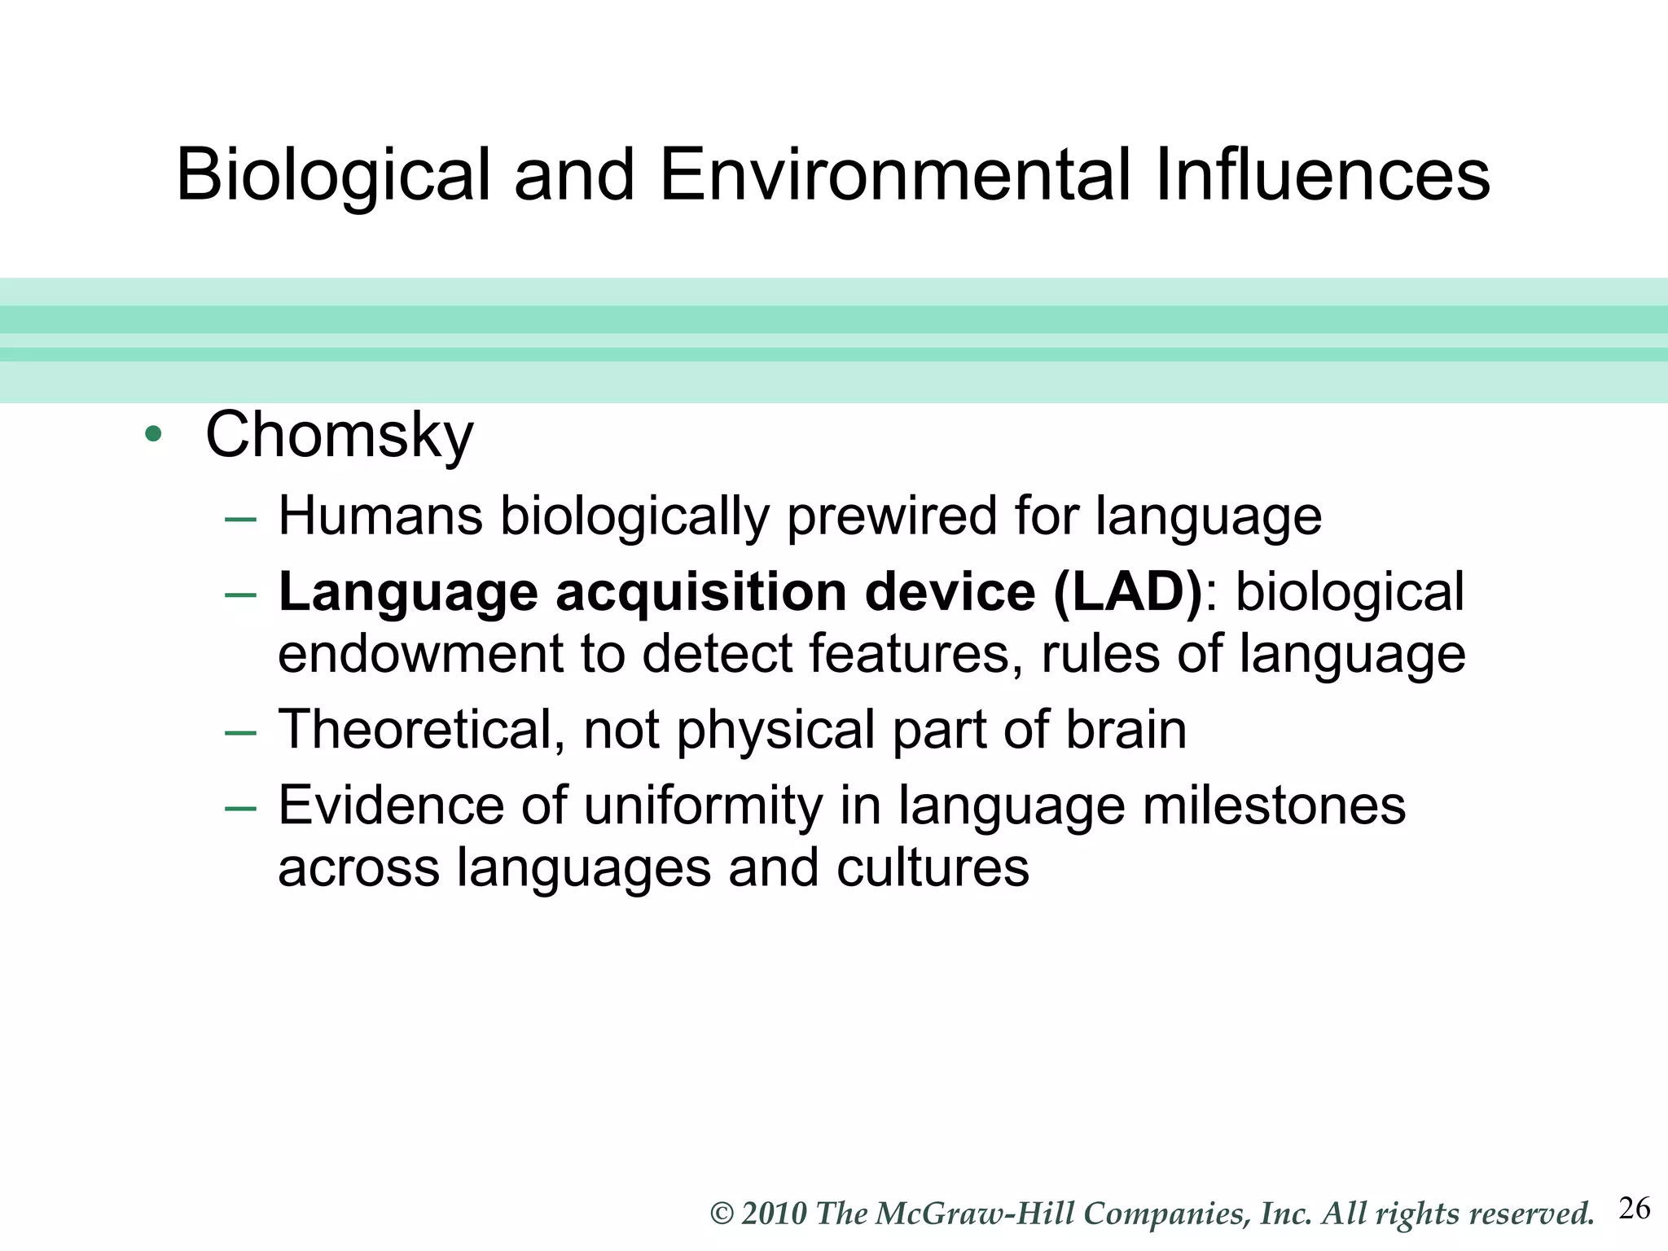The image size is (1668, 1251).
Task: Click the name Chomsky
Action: [339, 437]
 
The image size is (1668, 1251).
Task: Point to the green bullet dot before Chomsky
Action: [152, 434]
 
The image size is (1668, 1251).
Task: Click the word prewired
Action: [891, 517]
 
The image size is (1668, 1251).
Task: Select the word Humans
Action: [380, 517]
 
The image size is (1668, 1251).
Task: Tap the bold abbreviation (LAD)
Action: [1127, 592]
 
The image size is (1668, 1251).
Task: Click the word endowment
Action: [420, 654]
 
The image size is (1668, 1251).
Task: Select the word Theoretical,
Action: [422, 730]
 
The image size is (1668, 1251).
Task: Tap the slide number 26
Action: [1634, 1209]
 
